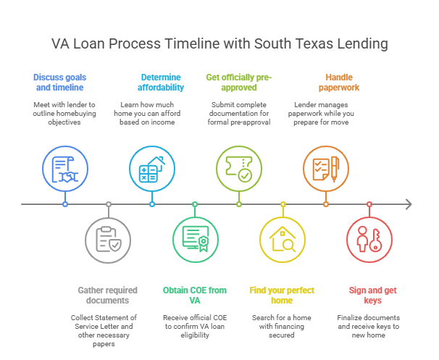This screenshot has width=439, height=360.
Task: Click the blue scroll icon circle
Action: coord(64,167)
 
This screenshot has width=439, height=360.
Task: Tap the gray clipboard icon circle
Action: coord(108,240)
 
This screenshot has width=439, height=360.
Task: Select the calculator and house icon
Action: coord(151,167)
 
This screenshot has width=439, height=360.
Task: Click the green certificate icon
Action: coord(195,240)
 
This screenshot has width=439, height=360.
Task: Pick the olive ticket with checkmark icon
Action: coord(238,167)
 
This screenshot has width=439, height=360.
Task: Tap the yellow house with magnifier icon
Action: coord(282,240)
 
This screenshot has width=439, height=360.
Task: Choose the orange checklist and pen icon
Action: coord(325,167)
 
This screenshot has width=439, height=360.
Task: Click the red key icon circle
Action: coord(369,240)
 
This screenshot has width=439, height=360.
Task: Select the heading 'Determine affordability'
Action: coord(160,81)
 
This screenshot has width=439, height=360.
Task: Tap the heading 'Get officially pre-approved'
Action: coord(238,81)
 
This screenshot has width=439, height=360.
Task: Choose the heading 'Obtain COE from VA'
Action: coord(195,295)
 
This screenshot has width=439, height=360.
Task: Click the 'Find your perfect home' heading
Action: coord(282,295)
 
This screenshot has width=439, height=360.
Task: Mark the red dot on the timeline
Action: coord(369,204)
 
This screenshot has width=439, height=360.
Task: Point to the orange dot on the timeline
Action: coord(325,204)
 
